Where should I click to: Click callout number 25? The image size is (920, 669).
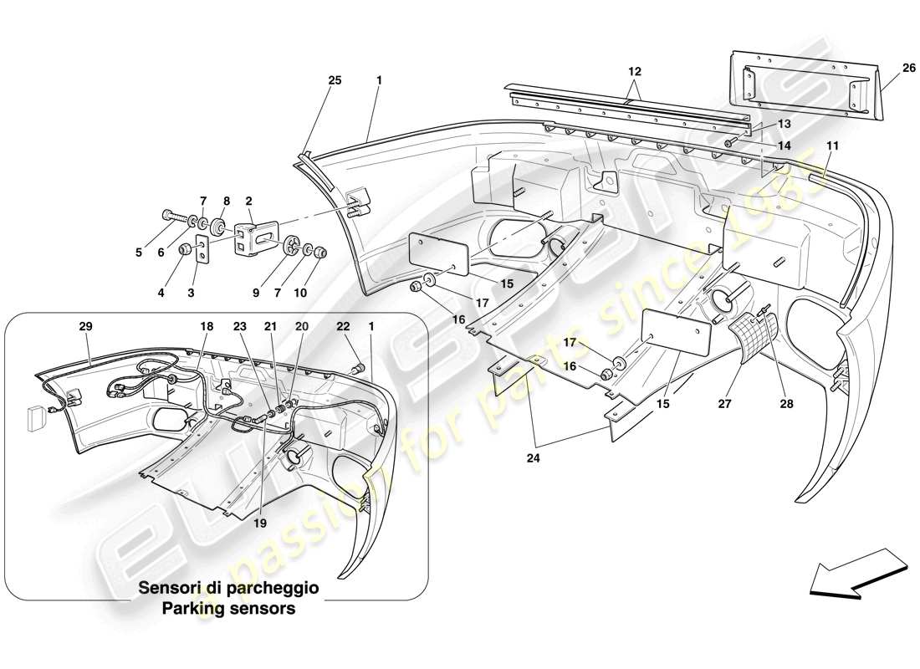[335, 80]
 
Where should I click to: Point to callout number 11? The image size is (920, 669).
[834, 146]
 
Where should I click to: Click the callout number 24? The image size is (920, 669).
[529, 458]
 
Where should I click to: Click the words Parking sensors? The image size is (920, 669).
[228, 609]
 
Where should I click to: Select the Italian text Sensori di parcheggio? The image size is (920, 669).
[228, 589]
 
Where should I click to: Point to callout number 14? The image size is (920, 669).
[784, 144]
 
